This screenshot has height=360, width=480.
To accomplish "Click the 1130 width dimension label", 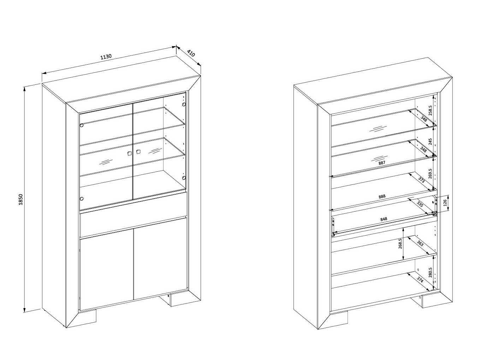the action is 106,57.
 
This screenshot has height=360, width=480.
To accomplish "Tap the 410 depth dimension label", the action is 191,53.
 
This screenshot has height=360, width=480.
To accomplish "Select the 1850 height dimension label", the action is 21,199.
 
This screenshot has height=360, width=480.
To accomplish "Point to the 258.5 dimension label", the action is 430,110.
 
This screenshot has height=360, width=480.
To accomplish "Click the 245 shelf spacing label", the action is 430,142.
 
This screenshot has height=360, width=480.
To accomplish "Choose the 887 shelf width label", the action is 381,163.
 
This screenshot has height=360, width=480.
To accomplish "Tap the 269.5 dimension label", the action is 430,174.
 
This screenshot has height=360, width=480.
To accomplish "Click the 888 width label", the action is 382,196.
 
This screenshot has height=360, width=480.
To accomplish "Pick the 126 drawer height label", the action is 445,203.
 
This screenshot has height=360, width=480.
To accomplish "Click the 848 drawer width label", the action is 384,219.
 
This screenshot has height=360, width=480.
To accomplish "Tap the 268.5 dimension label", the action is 400,244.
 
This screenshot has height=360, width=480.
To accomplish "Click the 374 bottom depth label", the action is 420,281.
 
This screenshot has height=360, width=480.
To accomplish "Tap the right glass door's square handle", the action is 138,152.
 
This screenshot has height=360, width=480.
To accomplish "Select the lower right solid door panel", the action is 160,259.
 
